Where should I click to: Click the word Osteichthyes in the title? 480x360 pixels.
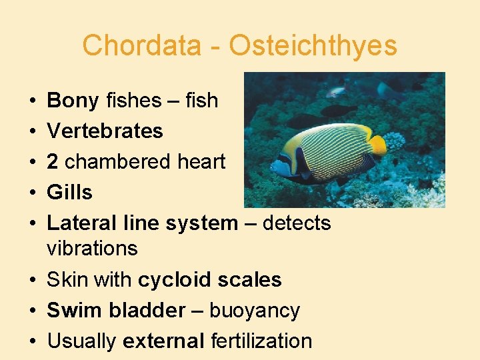[x=313, y=46]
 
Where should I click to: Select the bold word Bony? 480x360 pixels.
[x=73, y=101]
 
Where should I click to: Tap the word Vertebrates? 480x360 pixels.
[x=105, y=131]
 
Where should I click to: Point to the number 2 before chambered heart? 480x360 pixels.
[x=53, y=162]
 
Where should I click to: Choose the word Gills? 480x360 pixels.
[x=69, y=193]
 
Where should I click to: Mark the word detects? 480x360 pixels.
[x=297, y=223]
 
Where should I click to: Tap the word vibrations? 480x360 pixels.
[x=92, y=249]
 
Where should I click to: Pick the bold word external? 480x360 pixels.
[x=163, y=341]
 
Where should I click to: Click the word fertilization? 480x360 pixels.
[x=261, y=341]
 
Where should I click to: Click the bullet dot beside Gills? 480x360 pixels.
[x=33, y=193]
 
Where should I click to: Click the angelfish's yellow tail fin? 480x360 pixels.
[x=377, y=144]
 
